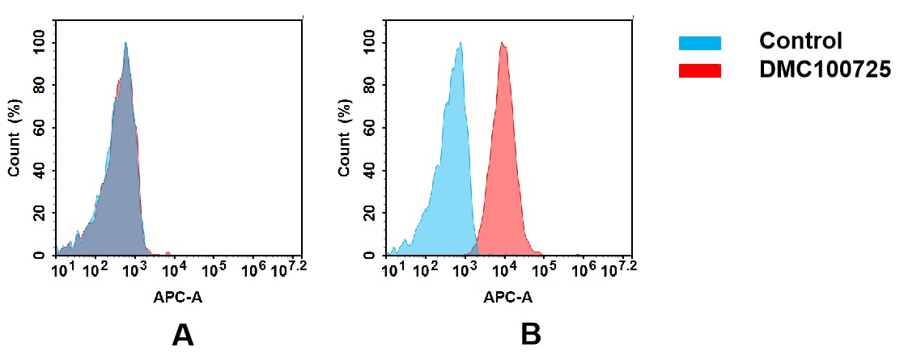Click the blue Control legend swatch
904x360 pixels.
tap(699, 42)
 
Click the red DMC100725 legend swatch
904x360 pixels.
tap(699, 70)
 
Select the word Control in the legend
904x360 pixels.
tap(800, 40)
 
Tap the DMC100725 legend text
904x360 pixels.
tap(825, 70)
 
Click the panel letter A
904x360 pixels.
tap(183, 334)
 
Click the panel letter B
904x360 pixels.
tap(530, 334)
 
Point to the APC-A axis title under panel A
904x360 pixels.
tap(178, 298)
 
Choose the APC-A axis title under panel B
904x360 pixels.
tap(508, 298)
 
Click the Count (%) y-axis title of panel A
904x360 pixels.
tap(14, 138)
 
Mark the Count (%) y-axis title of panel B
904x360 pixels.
tap(345, 138)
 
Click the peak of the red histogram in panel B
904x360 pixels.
tap(503, 44)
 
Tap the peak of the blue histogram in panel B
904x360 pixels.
tap(460, 44)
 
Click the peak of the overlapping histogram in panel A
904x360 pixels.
tap(125, 44)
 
